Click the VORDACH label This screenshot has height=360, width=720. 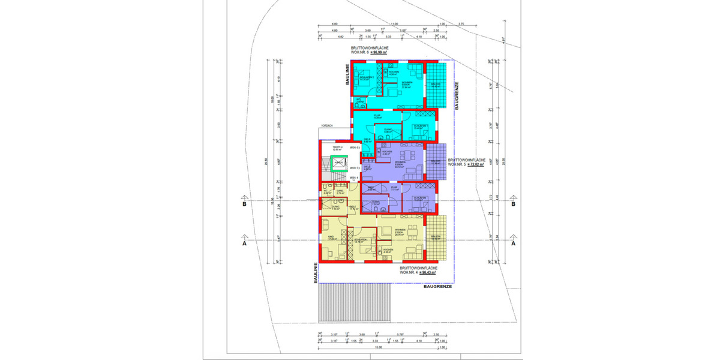[327, 125]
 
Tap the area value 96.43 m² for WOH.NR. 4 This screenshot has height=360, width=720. [427, 272]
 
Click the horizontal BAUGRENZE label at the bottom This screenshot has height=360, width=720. [437, 287]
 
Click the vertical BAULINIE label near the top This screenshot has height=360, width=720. [347, 76]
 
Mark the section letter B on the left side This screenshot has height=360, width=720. [244, 204]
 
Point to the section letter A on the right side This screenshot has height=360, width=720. [513, 244]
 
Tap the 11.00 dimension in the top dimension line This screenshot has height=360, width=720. [394, 25]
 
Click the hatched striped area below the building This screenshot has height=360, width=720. [355, 303]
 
